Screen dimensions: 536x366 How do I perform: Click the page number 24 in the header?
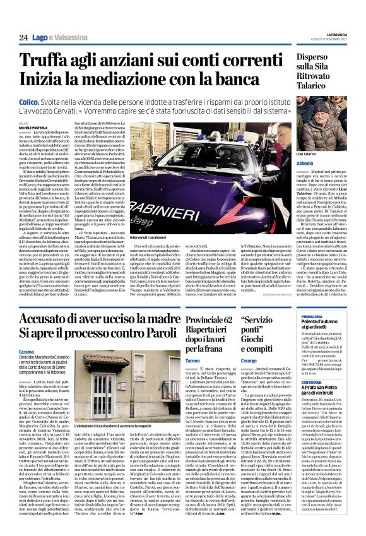[x=23, y=38]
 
